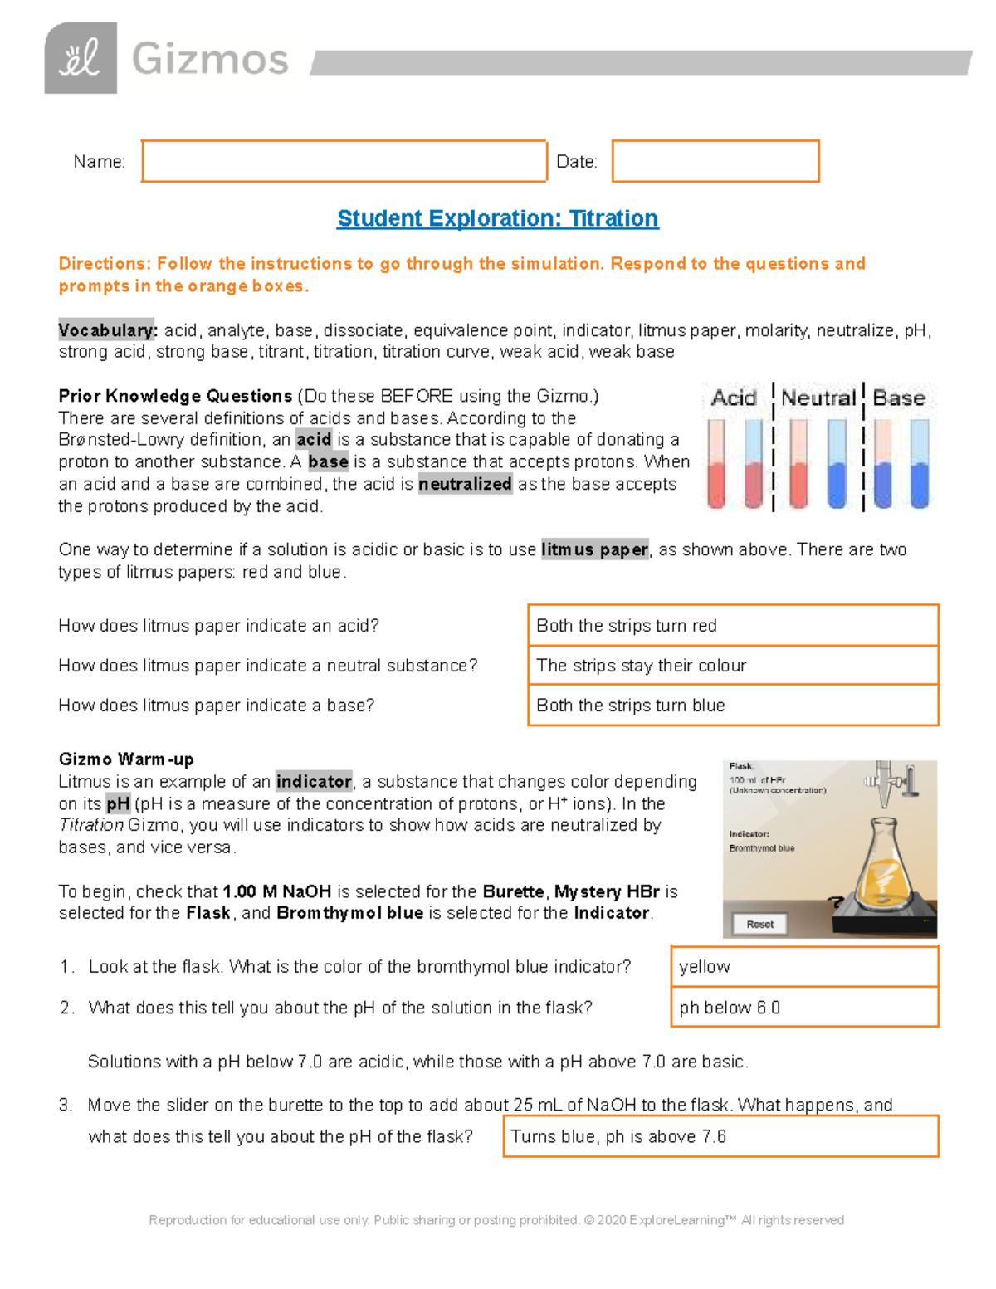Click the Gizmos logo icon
point(81,58)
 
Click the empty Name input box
point(344,161)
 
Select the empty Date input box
point(715,161)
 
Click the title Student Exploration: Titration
point(497,218)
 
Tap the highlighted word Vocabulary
point(107,330)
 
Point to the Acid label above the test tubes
point(734,398)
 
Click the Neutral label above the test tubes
point(818,398)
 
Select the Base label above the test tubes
point(899,398)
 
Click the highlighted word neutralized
point(465,484)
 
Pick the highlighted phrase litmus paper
point(594,549)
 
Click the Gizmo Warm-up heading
point(126,759)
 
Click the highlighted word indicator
point(314,782)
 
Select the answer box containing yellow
point(804,967)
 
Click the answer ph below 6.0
point(804,1008)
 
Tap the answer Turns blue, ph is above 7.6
point(720,1136)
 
